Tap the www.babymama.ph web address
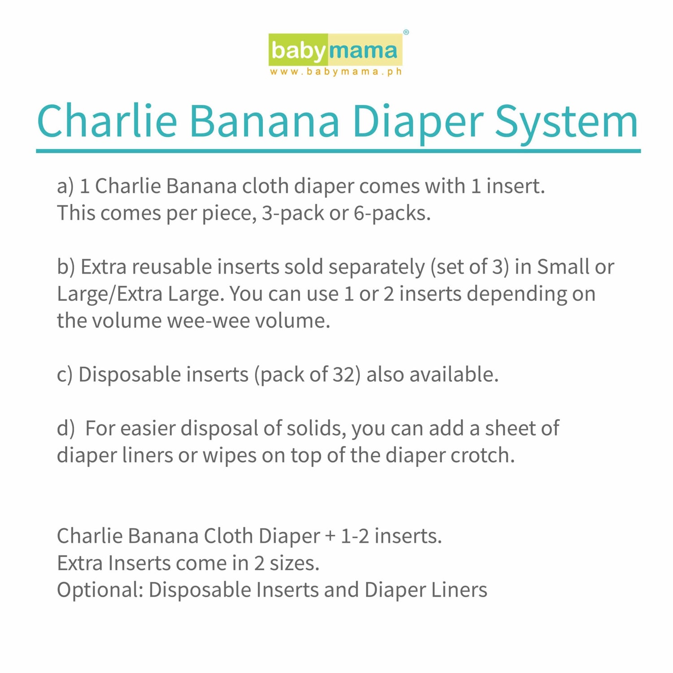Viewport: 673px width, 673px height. [336, 72]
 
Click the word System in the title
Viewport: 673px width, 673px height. [566, 121]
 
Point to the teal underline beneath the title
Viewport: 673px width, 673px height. [338, 151]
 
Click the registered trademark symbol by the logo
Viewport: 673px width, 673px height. [406, 32]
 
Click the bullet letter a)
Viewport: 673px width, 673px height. [65, 186]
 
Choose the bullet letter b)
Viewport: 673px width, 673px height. [66, 267]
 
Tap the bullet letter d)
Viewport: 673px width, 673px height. [66, 428]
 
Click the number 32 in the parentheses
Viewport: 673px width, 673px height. [344, 375]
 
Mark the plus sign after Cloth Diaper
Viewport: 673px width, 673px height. [330, 536]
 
